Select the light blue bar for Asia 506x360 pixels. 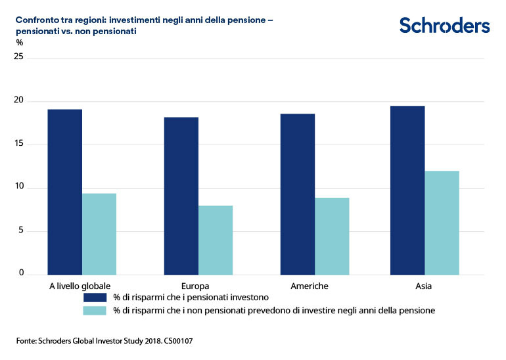(442, 223)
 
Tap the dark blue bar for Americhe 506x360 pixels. (298, 194)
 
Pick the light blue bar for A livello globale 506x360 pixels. (99, 234)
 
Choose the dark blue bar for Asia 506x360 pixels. (407, 191)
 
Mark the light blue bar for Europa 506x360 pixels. (216, 240)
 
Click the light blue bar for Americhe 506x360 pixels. (332, 236)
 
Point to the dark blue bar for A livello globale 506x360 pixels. (65, 192)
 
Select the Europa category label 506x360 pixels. (195, 286)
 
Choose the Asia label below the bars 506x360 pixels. (423, 286)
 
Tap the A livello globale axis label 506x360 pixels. (80, 286)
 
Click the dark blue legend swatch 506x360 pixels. (95, 297)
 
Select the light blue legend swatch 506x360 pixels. (95, 310)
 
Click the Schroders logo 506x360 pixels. (444, 26)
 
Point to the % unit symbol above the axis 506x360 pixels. (20, 43)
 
